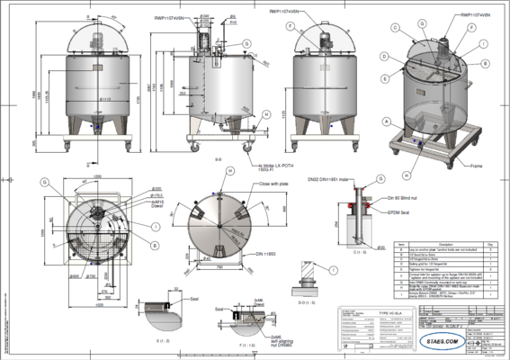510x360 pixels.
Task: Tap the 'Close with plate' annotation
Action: (253, 183)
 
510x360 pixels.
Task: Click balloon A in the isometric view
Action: (386, 120)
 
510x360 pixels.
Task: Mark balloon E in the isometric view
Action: (384, 80)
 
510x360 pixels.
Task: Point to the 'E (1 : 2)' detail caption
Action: (162, 342)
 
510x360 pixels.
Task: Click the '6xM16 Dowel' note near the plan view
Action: (131, 203)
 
